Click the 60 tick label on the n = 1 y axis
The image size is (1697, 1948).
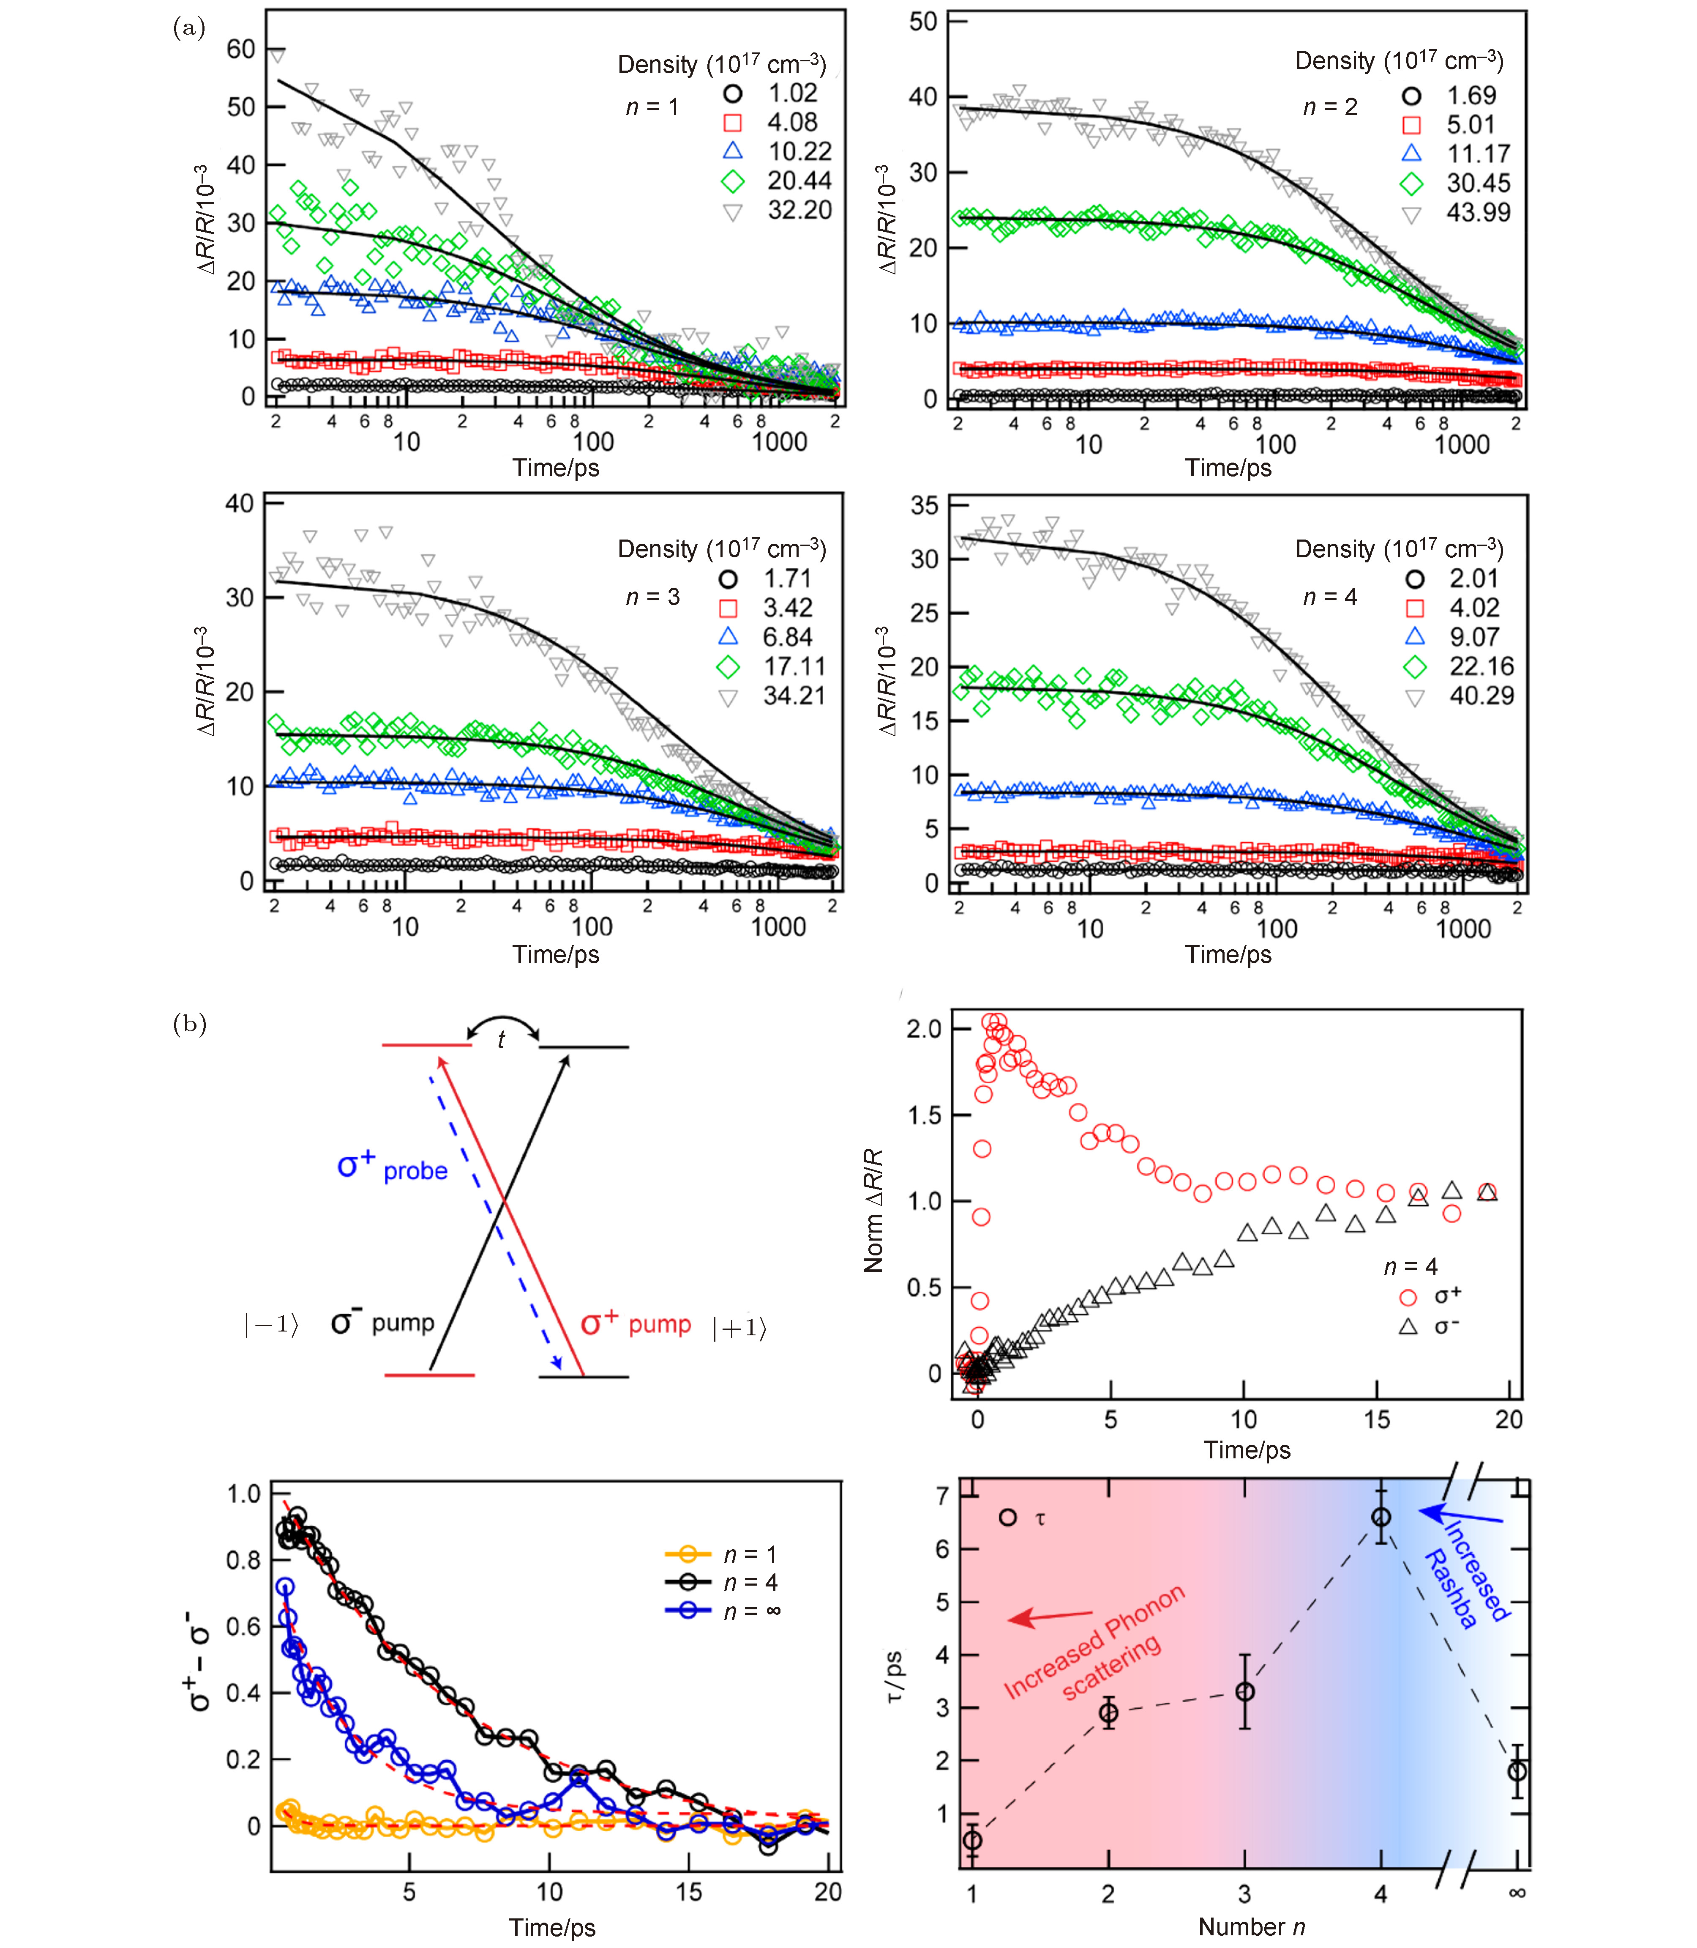click(x=240, y=49)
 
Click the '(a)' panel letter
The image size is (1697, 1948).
click(x=189, y=28)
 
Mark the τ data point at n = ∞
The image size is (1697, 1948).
click(x=1517, y=1771)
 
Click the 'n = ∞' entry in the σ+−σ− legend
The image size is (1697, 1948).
click(x=751, y=1611)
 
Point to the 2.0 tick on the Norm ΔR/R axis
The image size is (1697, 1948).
click(x=923, y=1029)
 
